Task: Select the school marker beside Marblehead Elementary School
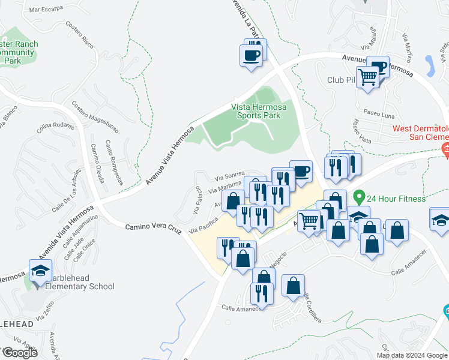(x=40, y=271)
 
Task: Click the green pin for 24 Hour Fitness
(x=359, y=197)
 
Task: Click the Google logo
(x=20, y=353)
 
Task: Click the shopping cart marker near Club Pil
(x=367, y=77)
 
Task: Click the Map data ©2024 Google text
(x=412, y=355)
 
